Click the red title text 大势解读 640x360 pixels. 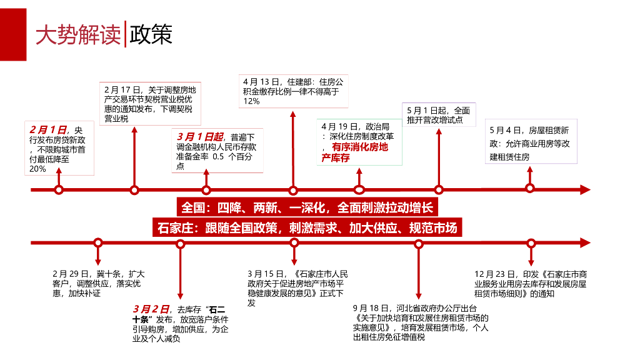(77, 35)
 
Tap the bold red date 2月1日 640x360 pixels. (48, 129)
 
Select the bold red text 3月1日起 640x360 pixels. (200, 136)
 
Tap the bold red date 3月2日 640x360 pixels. (151, 309)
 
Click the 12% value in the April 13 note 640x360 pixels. (251, 101)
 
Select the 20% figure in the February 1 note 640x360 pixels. (37, 169)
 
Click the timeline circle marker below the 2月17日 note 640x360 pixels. (134, 189)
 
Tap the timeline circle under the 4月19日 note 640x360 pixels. (359, 189)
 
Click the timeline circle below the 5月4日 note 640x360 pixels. (530, 188)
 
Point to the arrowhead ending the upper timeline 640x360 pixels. (584, 189)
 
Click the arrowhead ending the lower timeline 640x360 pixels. (584, 242)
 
